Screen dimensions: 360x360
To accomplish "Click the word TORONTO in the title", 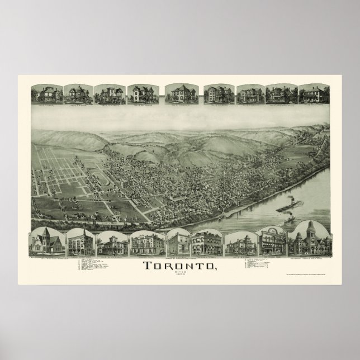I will [x=178, y=266].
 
